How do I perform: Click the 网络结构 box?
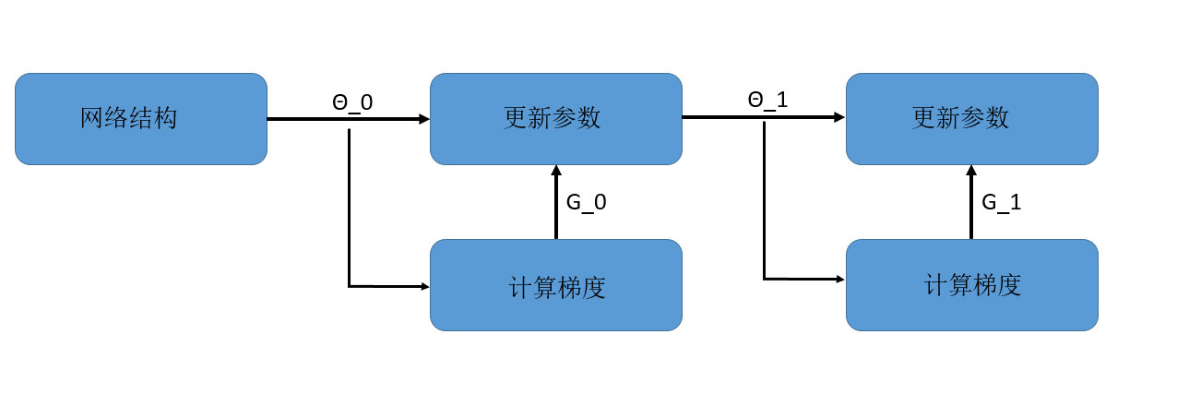click(140, 119)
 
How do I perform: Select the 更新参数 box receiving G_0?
click(555, 119)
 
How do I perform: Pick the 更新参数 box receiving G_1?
click(971, 119)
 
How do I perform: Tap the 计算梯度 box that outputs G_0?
click(555, 285)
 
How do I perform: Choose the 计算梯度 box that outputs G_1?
click(971, 285)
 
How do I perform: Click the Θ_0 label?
click(352, 102)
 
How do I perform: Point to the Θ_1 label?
click(767, 101)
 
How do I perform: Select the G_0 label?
click(586, 203)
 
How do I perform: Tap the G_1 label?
click(1001, 203)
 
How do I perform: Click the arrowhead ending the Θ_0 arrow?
click(424, 119)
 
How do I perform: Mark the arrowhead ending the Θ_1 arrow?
click(839, 117)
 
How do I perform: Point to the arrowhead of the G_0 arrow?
click(556, 171)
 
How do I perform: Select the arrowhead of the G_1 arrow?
click(971, 171)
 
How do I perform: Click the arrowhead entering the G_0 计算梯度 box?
click(425, 287)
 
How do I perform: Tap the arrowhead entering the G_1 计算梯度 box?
click(840, 279)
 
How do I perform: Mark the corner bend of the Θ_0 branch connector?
click(350, 287)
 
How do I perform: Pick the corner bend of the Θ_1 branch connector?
click(765, 279)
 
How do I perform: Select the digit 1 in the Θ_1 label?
click(782, 101)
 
